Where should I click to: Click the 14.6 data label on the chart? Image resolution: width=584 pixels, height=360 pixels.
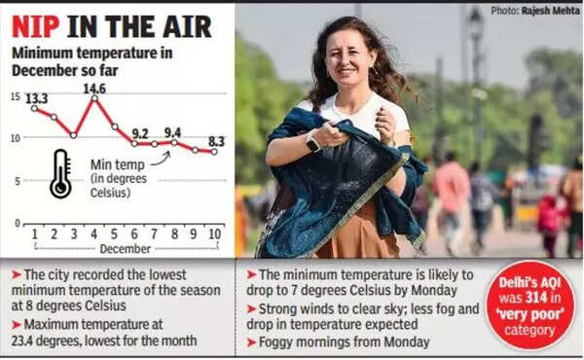(x=94, y=90)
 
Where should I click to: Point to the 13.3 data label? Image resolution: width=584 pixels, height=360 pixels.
(x=36, y=98)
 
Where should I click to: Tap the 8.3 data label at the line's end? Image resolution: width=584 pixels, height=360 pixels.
(x=215, y=141)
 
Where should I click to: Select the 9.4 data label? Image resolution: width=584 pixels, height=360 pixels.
(x=172, y=132)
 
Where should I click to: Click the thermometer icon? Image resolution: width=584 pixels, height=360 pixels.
(x=60, y=173)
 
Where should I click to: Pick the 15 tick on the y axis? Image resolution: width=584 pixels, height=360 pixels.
(x=16, y=96)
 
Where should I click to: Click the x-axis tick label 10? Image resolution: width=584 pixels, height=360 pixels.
(x=213, y=234)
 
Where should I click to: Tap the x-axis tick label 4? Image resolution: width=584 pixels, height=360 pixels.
(x=94, y=234)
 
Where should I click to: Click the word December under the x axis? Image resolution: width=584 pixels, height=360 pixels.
(x=124, y=248)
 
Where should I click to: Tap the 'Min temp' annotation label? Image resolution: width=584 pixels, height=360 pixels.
(x=117, y=165)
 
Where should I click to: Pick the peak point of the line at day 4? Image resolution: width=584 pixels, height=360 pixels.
(x=94, y=99)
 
